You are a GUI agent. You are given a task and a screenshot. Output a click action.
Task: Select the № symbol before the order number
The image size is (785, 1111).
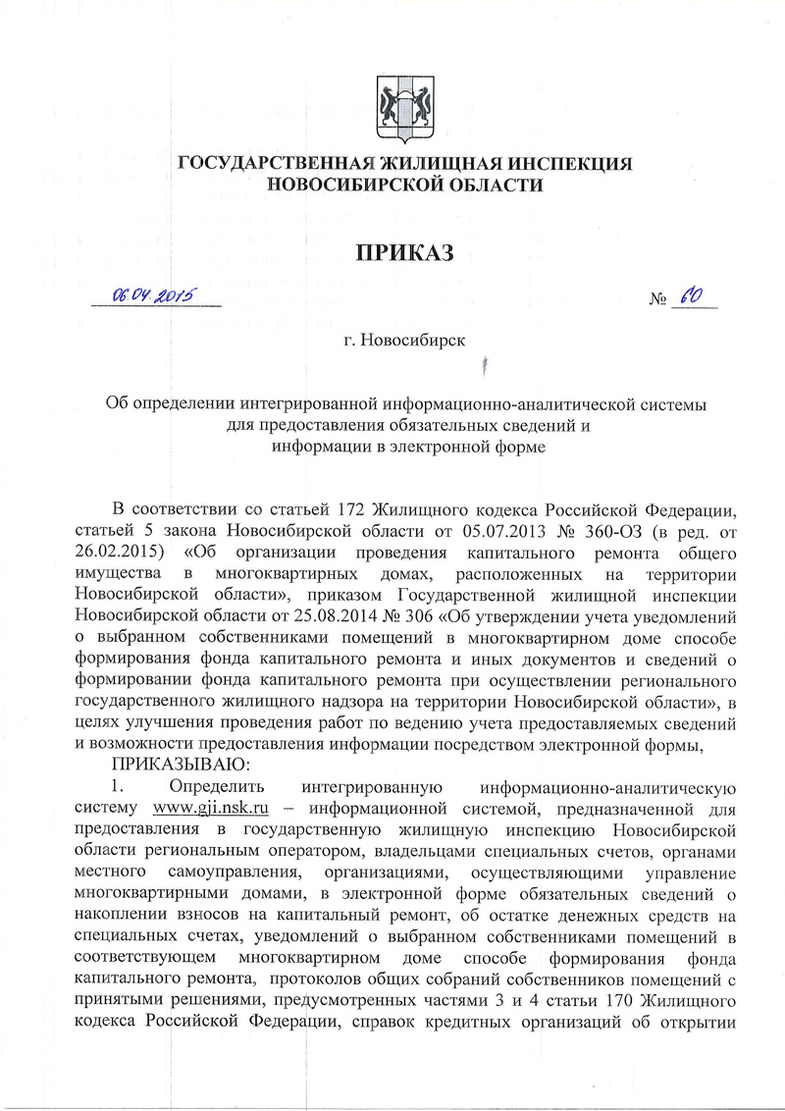point(657,299)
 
